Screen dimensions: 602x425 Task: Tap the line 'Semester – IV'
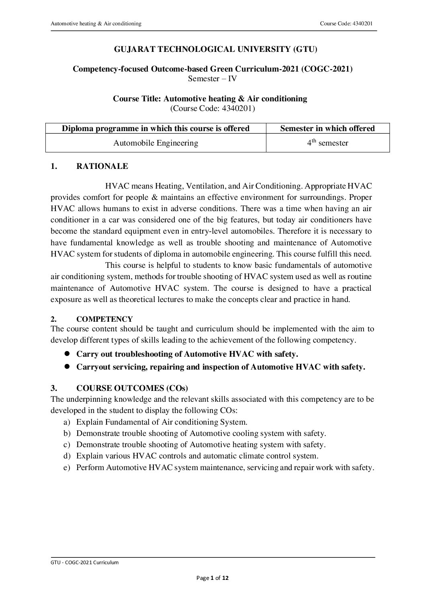tap(212, 78)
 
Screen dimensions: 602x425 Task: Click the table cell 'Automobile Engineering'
tap(156, 143)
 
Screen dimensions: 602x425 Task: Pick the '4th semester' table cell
tap(327, 143)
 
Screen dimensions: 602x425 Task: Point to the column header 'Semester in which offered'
tap(327, 128)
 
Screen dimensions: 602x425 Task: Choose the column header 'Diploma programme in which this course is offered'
tap(156, 128)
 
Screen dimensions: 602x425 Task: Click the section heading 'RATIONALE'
tap(102, 166)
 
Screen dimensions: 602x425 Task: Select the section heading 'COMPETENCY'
tap(104, 319)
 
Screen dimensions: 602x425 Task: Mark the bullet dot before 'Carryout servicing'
tap(68, 366)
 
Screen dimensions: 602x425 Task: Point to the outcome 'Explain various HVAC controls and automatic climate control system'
tap(197, 456)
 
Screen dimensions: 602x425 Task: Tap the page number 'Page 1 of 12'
tap(212, 578)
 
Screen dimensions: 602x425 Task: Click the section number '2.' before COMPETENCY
tap(53, 319)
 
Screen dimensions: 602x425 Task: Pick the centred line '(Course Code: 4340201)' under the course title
tap(212, 108)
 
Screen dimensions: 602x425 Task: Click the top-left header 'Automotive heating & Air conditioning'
tap(96, 24)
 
